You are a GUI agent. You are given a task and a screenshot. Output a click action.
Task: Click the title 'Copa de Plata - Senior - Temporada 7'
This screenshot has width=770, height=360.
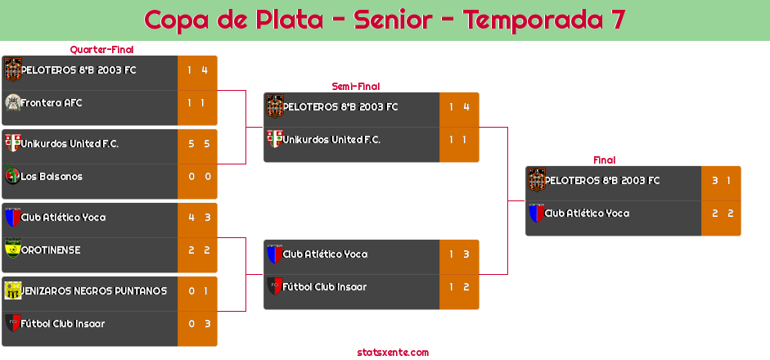[385, 20]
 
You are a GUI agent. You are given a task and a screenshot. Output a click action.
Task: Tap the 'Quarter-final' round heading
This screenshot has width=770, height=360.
[101, 50]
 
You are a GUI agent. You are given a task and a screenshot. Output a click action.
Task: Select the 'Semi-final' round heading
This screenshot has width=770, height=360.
[354, 87]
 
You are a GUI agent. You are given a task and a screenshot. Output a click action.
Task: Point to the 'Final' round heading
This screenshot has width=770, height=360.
[603, 160]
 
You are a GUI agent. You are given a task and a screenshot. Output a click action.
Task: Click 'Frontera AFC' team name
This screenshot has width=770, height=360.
[52, 103]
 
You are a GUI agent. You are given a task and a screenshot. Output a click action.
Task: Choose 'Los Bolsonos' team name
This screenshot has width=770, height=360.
[52, 177]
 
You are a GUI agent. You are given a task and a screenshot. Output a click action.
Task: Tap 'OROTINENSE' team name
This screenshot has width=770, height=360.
[51, 250]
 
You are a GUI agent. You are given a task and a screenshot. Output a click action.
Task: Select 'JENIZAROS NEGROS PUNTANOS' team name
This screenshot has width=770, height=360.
[94, 291]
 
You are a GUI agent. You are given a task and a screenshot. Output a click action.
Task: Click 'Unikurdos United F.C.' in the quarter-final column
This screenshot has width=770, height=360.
[70, 144]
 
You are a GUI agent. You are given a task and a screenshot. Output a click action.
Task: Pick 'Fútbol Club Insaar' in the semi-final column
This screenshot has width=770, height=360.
[325, 287]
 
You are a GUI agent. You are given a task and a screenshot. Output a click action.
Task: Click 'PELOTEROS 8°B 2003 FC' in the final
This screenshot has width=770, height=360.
[602, 181]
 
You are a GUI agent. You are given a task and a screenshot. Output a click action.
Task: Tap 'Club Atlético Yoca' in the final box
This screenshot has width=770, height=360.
[587, 214]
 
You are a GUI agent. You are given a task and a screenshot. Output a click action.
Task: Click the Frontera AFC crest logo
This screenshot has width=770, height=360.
[12, 102]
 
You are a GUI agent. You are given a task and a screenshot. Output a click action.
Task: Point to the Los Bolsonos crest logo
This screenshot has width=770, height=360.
[12, 176]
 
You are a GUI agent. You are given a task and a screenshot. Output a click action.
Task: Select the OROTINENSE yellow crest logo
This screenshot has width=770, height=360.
[12, 248]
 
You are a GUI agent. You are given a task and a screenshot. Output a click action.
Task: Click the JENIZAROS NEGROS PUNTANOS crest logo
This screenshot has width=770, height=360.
[12, 290]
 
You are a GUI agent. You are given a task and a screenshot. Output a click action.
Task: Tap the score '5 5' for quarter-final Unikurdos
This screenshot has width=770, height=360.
[198, 144]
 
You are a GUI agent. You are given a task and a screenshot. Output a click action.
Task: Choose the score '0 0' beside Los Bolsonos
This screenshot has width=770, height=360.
[198, 177]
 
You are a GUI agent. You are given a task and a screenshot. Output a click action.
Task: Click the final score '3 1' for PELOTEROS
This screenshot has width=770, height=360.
[721, 181]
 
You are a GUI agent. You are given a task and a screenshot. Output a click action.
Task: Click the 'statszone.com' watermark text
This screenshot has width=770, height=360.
[393, 353]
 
